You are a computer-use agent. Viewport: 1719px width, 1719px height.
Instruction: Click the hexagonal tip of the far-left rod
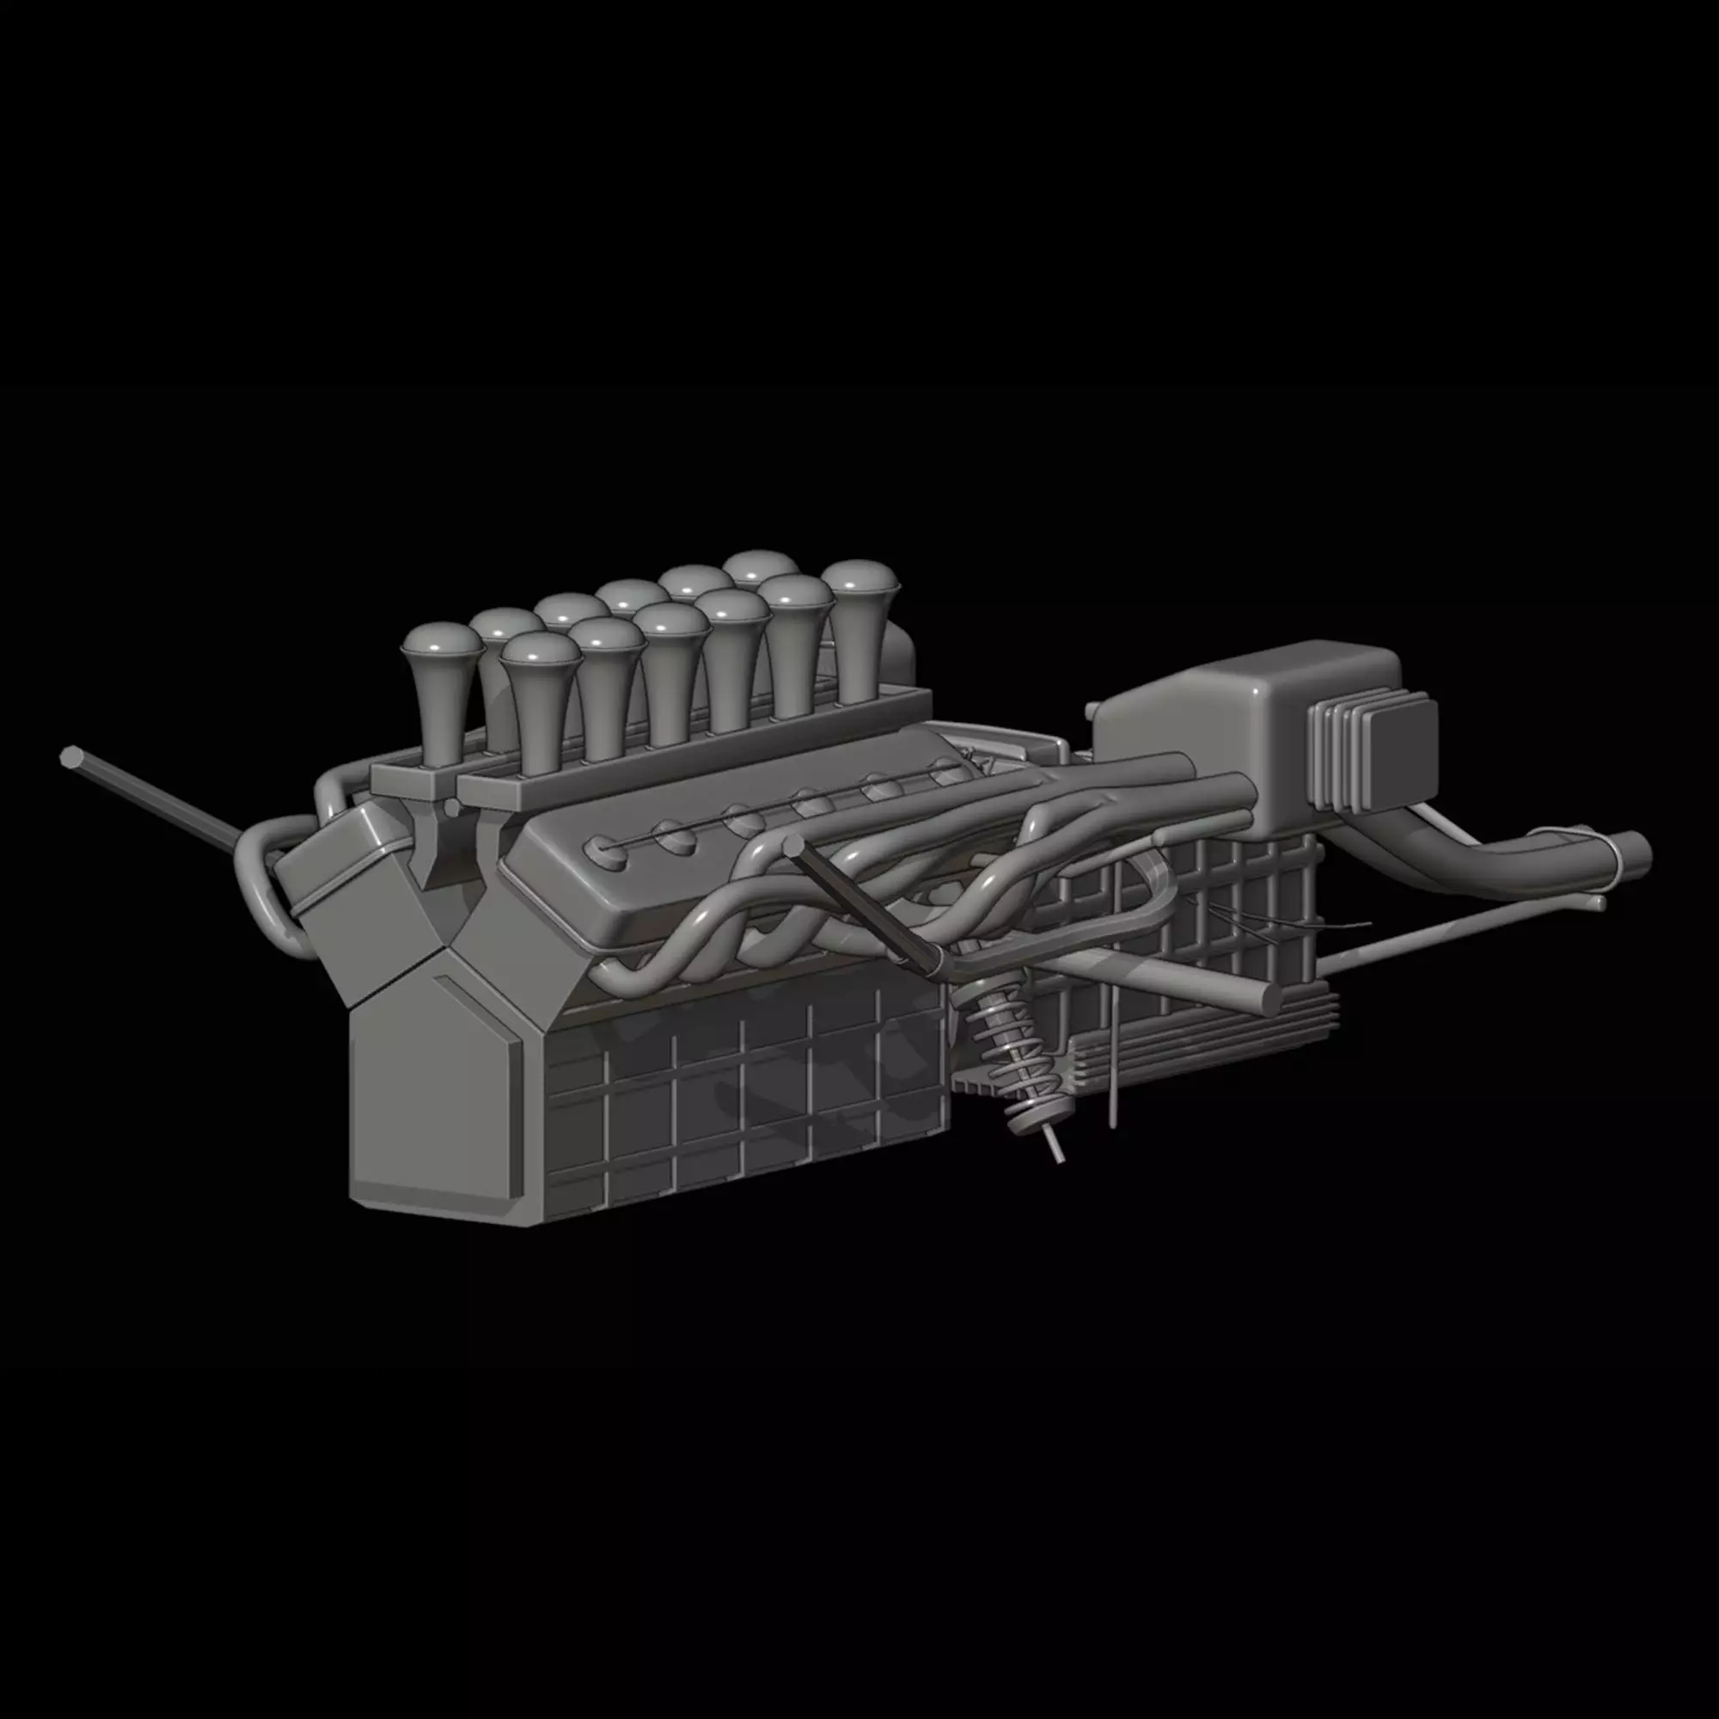pos(70,757)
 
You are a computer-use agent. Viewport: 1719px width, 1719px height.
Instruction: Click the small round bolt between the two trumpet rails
pos(451,807)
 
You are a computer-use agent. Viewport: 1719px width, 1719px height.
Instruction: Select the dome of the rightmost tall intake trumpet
pos(859,578)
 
